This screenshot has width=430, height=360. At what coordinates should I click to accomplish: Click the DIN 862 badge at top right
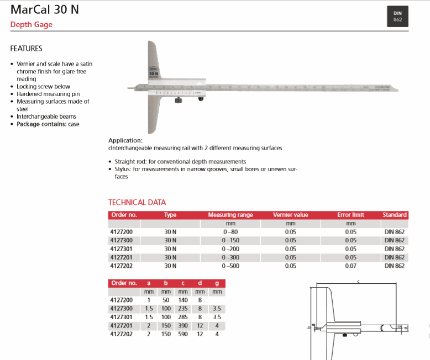[x=397, y=17]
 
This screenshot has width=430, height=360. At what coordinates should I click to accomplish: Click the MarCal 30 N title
[x=44, y=10]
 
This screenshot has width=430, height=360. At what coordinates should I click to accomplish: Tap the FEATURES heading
[x=26, y=49]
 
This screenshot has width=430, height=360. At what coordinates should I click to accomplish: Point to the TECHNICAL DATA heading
[x=137, y=202]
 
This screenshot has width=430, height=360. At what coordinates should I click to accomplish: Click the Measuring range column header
[x=230, y=215]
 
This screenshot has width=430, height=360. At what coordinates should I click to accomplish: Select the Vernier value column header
[x=290, y=215]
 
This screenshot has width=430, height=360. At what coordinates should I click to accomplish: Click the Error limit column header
[x=350, y=215]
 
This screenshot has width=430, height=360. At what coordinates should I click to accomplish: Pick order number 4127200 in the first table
[x=122, y=232]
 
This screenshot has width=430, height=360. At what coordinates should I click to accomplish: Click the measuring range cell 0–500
[x=230, y=266]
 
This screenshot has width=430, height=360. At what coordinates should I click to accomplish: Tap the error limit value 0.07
[x=350, y=266]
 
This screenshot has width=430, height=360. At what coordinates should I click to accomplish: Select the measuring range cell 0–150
[x=230, y=241]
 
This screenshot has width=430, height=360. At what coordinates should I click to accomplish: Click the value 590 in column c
[x=183, y=334]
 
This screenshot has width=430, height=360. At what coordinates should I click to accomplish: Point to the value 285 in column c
[x=183, y=317]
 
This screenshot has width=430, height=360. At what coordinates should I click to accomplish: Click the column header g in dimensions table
[x=217, y=283]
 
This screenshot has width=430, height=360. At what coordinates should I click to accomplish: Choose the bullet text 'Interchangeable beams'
[x=46, y=117]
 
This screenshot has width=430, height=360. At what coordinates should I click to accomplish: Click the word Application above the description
[x=125, y=140]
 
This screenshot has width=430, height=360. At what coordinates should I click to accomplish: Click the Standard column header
[x=394, y=215]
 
